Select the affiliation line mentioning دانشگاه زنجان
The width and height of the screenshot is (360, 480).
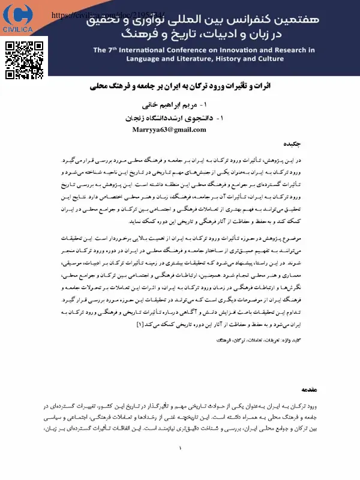180,118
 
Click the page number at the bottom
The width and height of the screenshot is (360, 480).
180,448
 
